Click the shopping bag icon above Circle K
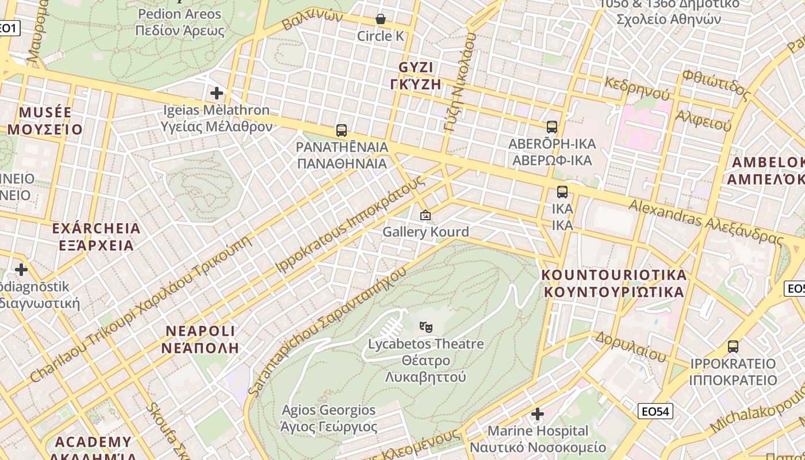coord(380,19)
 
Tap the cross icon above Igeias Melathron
coord(217,93)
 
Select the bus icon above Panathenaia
coord(342,130)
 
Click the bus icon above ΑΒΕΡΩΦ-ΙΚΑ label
coord(552,126)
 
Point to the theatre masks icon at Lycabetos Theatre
coord(425,327)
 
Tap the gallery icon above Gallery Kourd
coord(425,215)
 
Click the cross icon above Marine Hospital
coord(538,413)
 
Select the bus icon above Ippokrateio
coord(733,346)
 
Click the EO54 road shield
coord(655,411)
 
